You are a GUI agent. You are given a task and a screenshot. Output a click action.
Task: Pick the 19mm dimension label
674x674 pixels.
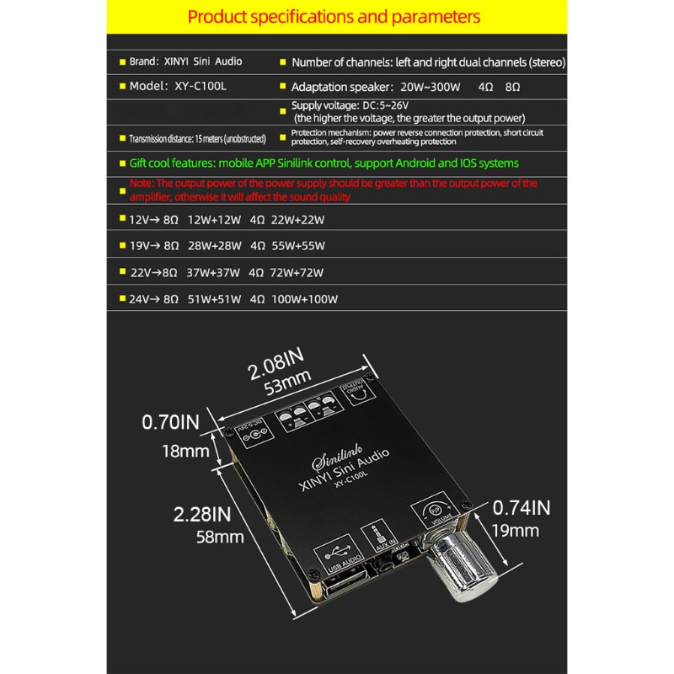point(515,531)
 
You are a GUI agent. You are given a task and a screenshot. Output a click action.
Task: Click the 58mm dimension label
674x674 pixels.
point(220,536)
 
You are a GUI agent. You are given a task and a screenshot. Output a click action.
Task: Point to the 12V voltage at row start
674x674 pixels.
point(136,219)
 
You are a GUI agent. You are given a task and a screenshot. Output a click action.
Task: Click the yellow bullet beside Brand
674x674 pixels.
point(123,62)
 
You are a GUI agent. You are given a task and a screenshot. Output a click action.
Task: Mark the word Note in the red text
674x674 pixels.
point(142,183)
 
